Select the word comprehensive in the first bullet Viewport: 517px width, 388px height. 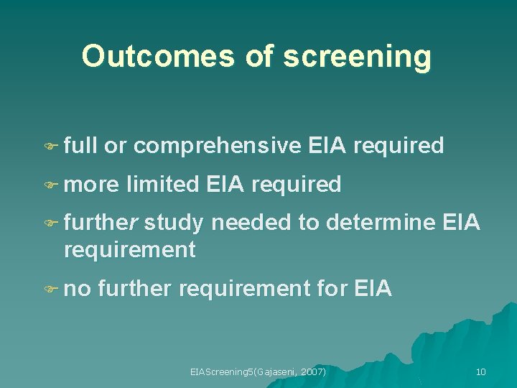pyautogui.click(x=217, y=146)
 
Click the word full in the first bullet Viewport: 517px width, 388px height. pyautogui.click(x=80, y=146)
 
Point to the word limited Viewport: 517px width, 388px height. pyautogui.click(x=163, y=185)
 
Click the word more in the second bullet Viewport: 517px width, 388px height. pyautogui.click(x=90, y=185)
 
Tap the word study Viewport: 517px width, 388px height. pyautogui.click(x=173, y=223)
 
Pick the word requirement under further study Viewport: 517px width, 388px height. pyautogui.click(x=129, y=249)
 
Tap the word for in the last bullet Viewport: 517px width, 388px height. pyautogui.click(x=332, y=289)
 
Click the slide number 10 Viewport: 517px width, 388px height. pyautogui.click(x=480, y=371)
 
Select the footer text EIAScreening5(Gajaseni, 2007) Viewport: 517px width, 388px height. pyautogui.click(x=258, y=371)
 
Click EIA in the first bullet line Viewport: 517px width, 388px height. pyautogui.click(x=327, y=146)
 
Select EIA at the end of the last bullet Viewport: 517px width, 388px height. pyautogui.click(x=373, y=289)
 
